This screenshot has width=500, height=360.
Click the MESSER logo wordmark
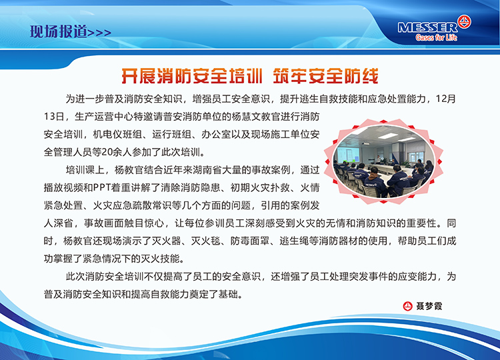pos(427,27)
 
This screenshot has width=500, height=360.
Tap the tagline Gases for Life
pos(436,37)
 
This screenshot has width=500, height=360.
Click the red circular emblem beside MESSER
pos(464,22)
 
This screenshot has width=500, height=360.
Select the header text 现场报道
pos(59,32)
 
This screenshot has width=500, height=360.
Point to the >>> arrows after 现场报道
pos(99,33)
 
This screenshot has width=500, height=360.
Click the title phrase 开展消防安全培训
pos(191,76)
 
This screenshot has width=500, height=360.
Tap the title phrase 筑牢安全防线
pos(325,76)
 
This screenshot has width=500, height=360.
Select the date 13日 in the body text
pos(53,117)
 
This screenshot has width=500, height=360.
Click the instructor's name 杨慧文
pos(246,117)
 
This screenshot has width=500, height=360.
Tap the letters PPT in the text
pos(102,187)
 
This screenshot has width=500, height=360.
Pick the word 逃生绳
pos(294,241)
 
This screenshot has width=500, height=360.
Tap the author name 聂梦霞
pos(429,306)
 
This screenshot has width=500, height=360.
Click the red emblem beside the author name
pos(408,306)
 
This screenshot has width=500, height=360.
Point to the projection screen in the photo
pos(349,154)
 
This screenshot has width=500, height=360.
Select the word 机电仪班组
pos(117,135)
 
